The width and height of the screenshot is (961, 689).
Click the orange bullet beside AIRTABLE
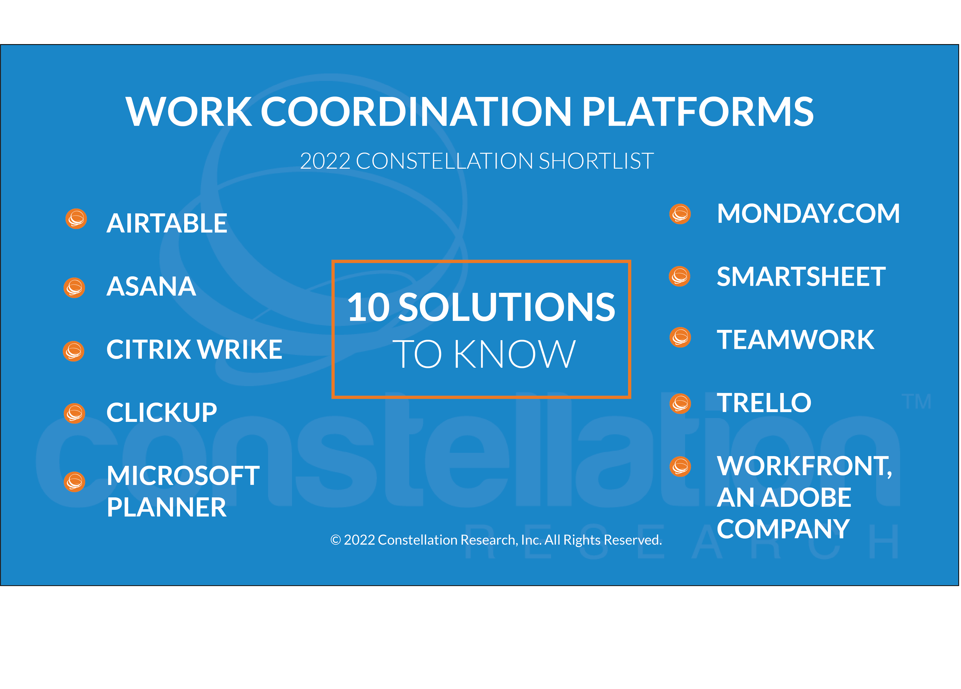click(76, 219)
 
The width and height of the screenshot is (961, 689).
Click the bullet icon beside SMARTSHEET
click(680, 276)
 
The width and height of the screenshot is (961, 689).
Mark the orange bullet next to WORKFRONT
click(680, 467)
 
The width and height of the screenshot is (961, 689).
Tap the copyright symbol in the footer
click(336, 540)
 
